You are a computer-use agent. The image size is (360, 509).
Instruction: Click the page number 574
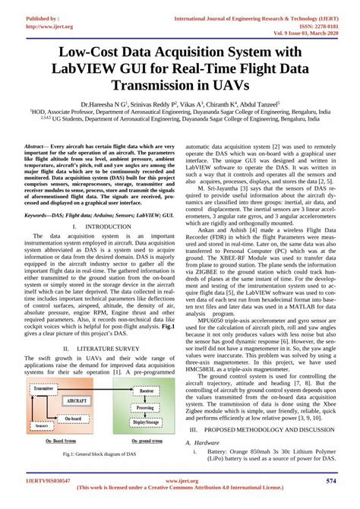pyautogui.click(x=330, y=482)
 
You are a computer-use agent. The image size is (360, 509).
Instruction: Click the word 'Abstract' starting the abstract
pyautogui.click(x=35, y=145)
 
